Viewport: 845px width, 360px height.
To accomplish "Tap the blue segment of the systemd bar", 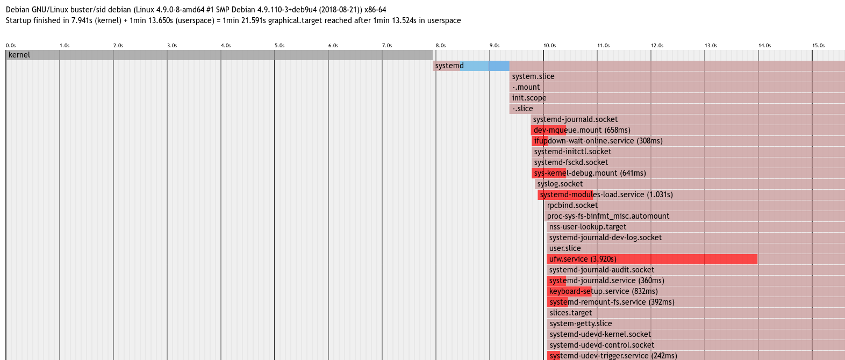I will (484, 66).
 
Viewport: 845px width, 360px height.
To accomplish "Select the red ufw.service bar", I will (652, 259).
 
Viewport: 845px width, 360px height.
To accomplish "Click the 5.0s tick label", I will (280, 46).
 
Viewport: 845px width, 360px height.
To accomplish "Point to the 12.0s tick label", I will (657, 46).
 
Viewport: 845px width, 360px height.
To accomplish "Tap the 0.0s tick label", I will (11, 46).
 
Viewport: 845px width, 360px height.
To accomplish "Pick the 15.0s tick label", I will (818, 46).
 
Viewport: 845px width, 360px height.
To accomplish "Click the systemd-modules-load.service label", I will (606, 195).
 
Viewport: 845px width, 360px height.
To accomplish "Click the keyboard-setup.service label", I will (603, 291).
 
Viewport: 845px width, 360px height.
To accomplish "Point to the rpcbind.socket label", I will (572, 205).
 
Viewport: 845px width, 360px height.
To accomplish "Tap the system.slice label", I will (533, 76).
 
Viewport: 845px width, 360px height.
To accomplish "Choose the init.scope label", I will (529, 98).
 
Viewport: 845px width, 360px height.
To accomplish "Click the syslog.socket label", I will (560, 184).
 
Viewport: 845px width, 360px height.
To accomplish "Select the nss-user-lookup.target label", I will (588, 227).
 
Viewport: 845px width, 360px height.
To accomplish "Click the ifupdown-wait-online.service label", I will (598, 141).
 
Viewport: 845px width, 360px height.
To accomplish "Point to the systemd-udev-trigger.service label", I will (613, 356).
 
